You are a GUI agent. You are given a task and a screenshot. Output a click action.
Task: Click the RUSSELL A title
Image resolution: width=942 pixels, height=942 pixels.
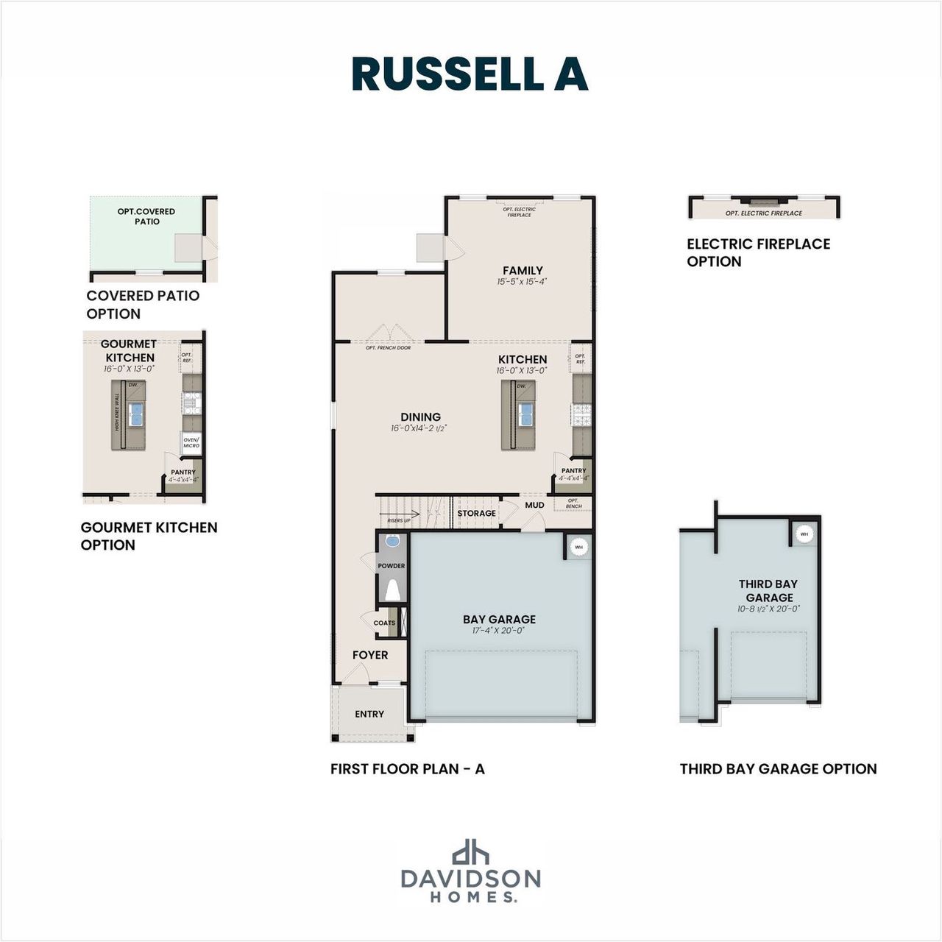pyautogui.click(x=470, y=74)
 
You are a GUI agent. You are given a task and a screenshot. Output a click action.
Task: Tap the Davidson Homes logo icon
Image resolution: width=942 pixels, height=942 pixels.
pyautogui.click(x=470, y=852)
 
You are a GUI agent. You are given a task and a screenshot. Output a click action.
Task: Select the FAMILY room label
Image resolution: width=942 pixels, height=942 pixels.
pyautogui.click(x=523, y=271)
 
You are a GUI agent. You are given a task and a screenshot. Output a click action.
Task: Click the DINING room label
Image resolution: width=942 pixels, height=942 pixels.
pyautogui.click(x=420, y=417)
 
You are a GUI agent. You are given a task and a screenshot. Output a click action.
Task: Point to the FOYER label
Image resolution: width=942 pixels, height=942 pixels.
pyautogui.click(x=369, y=655)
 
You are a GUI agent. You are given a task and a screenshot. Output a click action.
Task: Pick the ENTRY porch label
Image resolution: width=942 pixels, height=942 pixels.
pyautogui.click(x=369, y=714)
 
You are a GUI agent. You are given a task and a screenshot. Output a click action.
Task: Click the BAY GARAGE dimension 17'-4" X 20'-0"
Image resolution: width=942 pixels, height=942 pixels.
pyautogui.click(x=499, y=631)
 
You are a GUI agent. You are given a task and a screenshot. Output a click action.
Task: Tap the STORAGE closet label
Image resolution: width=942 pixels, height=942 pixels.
pyautogui.click(x=476, y=513)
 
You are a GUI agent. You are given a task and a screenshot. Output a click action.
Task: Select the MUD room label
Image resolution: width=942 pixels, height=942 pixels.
pyautogui.click(x=534, y=505)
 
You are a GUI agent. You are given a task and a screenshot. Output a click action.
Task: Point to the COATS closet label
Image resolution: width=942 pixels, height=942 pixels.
pyautogui.click(x=384, y=623)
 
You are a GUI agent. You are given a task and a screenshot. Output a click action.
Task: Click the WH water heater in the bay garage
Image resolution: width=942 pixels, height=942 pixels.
pyautogui.click(x=578, y=548)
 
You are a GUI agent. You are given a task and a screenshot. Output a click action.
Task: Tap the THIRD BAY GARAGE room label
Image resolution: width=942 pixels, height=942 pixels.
pyautogui.click(x=768, y=591)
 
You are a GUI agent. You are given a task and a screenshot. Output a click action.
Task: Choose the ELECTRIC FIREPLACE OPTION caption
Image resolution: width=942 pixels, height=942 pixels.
pyautogui.click(x=758, y=252)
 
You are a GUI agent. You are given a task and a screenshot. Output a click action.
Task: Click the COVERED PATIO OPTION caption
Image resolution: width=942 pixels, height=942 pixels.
pyautogui.click(x=143, y=305)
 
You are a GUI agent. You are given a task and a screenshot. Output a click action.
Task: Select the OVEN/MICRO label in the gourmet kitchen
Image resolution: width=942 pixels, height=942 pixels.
pyautogui.click(x=191, y=442)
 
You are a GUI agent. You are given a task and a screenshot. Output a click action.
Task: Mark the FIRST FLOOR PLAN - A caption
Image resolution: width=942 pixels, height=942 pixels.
pyautogui.click(x=407, y=769)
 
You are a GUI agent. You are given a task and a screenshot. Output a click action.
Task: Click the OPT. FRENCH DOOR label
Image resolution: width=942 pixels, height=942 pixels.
pyautogui.click(x=388, y=347)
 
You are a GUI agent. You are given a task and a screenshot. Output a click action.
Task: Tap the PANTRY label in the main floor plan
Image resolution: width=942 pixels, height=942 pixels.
pyautogui.click(x=573, y=471)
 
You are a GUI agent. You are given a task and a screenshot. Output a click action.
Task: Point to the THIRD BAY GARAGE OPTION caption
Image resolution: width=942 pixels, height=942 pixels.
pyautogui.click(x=778, y=769)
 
